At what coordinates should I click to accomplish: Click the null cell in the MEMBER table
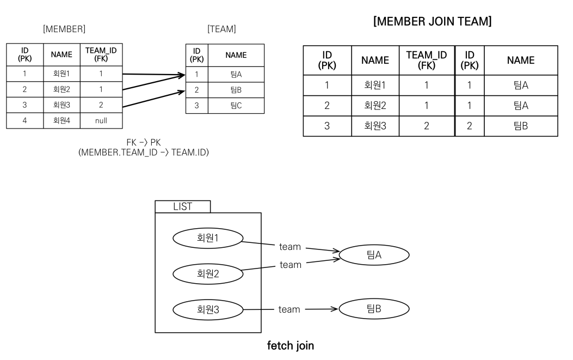(x=101, y=121)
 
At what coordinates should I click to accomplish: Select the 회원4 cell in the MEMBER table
(x=61, y=121)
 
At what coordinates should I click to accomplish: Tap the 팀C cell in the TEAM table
(x=236, y=106)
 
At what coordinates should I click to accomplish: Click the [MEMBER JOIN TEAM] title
(x=432, y=21)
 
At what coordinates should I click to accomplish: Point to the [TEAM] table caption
(x=222, y=29)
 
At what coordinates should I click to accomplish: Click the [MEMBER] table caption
(x=64, y=29)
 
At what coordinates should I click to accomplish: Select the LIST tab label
(x=183, y=207)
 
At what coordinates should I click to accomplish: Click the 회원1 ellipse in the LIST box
(x=208, y=238)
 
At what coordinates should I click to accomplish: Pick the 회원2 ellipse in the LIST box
(x=208, y=273)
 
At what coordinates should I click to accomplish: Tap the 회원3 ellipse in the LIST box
(x=208, y=309)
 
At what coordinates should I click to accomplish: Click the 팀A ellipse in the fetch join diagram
(x=374, y=255)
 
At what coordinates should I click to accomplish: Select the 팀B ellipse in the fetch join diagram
(x=374, y=309)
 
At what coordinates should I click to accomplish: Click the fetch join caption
(x=291, y=346)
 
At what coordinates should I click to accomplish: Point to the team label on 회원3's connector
(x=289, y=309)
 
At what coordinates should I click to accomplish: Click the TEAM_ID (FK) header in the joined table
(x=427, y=60)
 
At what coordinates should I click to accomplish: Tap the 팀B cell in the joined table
(x=521, y=126)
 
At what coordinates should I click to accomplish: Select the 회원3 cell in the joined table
(x=375, y=126)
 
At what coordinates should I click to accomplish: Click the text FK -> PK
(x=144, y=142)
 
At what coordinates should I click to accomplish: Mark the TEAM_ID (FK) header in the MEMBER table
(x=101, y=54)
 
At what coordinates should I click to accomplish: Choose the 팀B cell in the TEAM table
(x=236, y=90)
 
